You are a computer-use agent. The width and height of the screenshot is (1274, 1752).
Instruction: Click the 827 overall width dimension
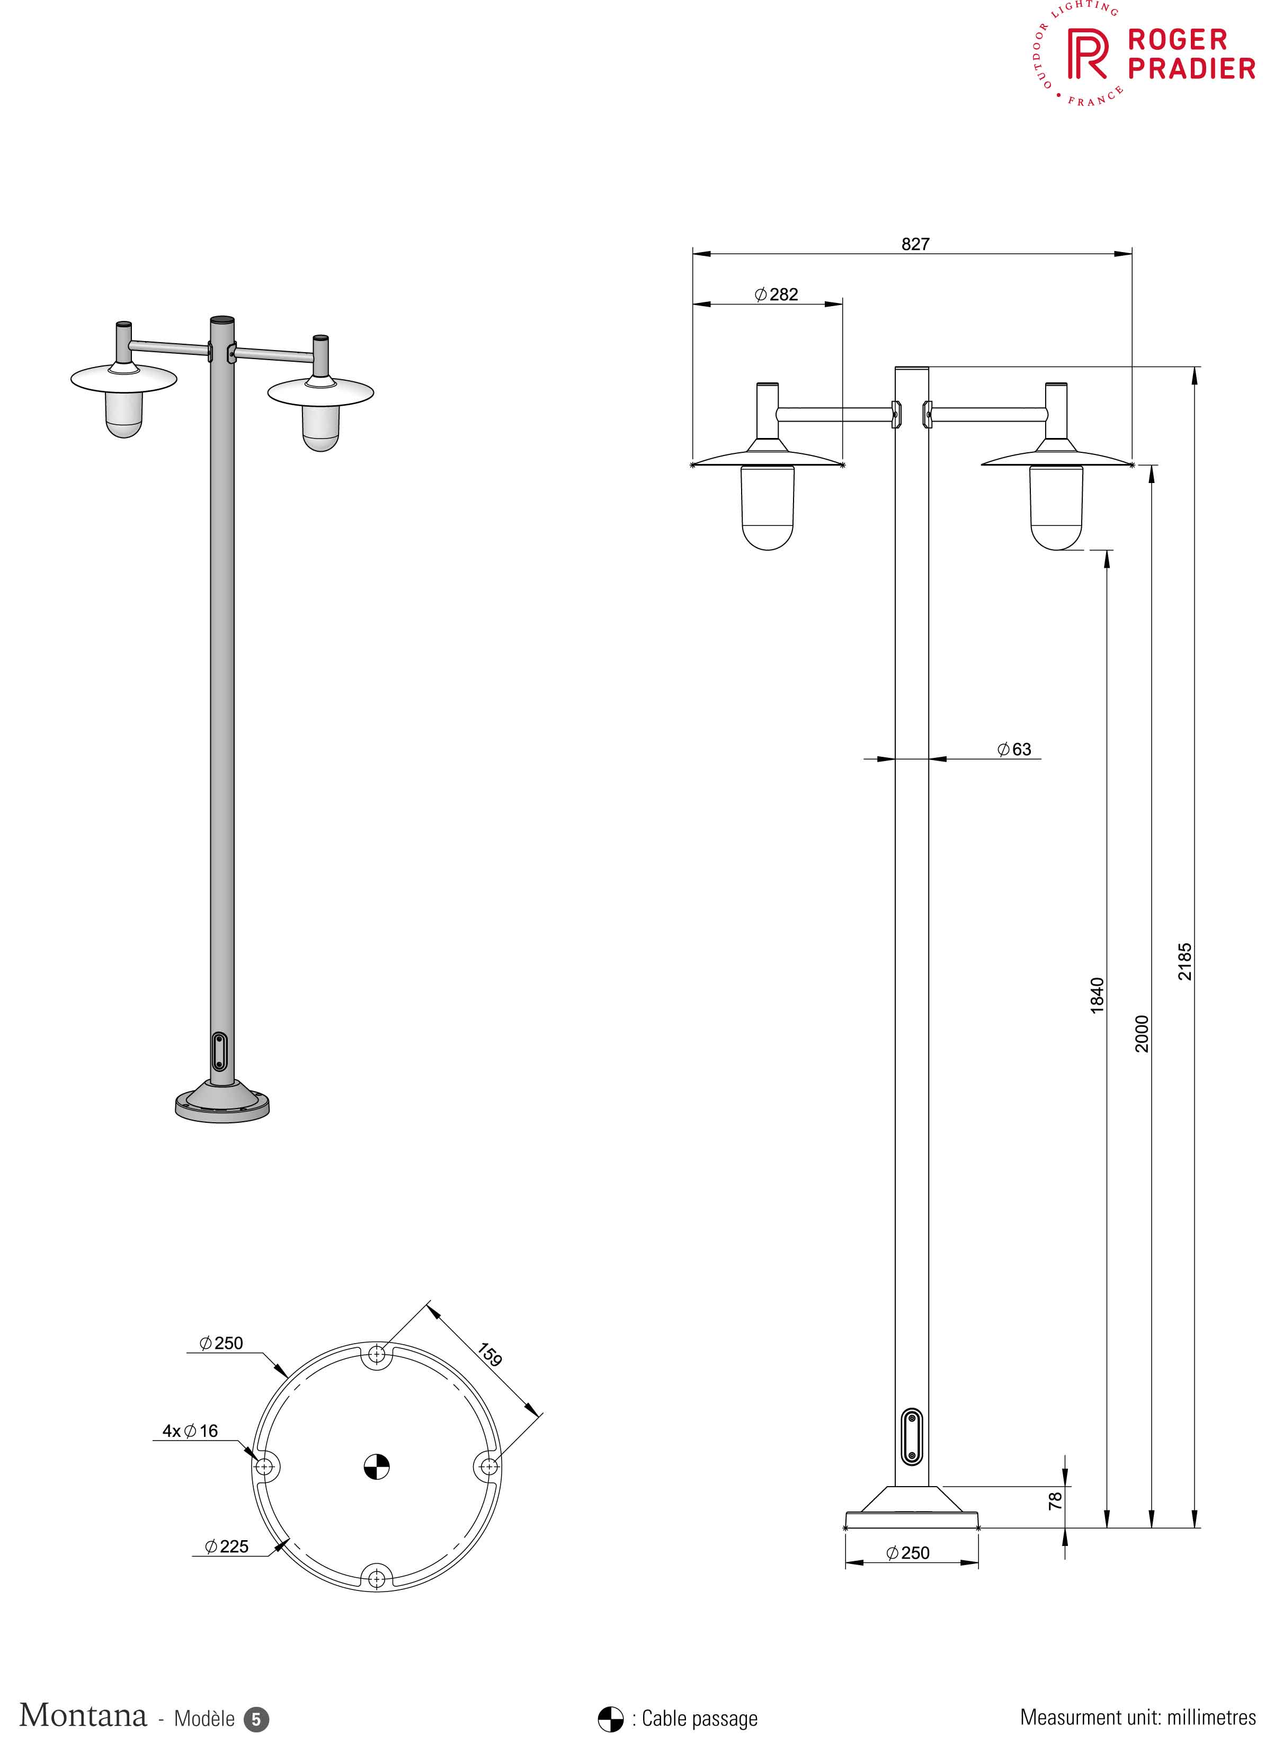pos(915,244)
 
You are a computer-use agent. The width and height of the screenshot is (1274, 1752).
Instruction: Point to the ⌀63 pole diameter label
pos(1014,749)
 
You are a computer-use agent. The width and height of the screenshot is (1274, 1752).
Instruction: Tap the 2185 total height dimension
pos(1184,962)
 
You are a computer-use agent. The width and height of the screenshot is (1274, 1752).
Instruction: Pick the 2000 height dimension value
pos(1141,1034)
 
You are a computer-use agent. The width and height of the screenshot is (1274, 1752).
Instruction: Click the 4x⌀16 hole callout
pos(190,1431)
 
